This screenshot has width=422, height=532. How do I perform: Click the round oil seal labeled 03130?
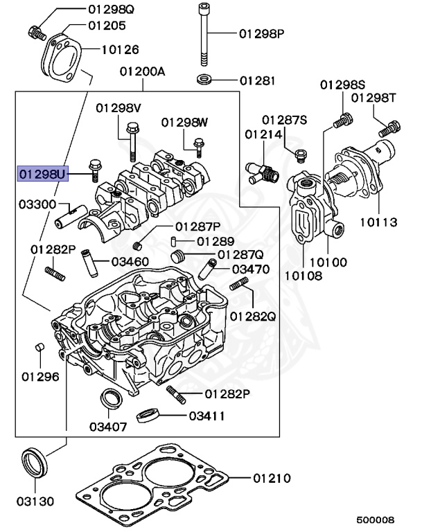(33, 461)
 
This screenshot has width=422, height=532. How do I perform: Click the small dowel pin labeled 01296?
(40, 346)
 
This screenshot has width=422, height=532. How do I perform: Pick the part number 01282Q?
(252, 317)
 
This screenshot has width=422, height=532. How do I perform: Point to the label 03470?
(251, 268)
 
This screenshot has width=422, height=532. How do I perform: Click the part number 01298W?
(184, 123)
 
